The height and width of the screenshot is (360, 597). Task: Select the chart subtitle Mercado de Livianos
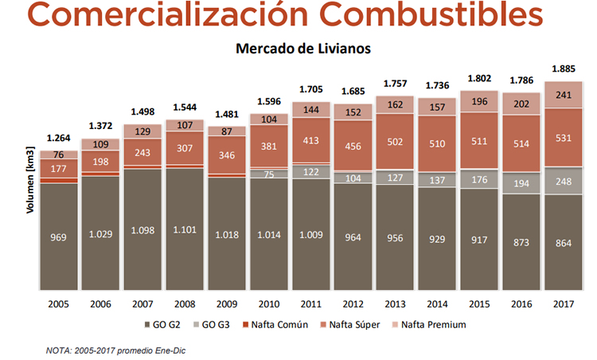click(x=303, y=49)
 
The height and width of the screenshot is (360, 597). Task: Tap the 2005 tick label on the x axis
click(x=60, y=303)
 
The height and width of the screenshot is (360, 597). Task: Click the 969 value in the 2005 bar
click(x=60, y=237)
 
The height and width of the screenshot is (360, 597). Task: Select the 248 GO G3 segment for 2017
click(x=564, y=182)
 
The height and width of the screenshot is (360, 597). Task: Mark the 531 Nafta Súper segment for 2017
click(x=564, y=138)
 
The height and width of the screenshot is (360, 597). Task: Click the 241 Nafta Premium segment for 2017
click(x=564, y=94)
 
